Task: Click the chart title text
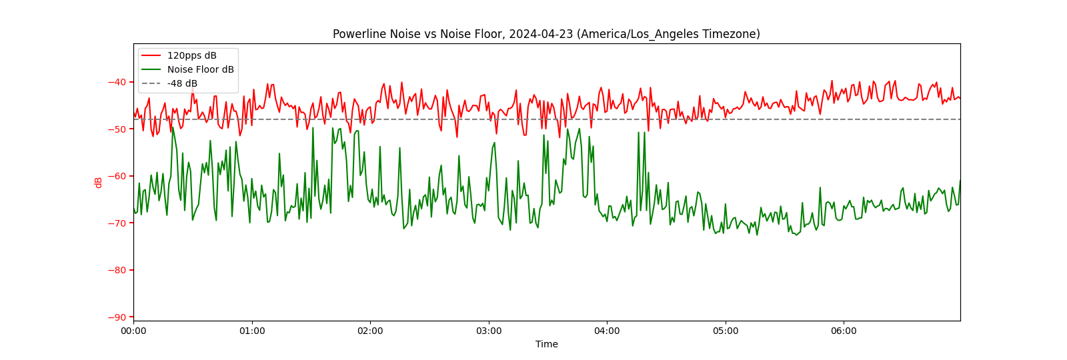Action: pos(546,34)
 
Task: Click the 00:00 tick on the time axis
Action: pos(133,331)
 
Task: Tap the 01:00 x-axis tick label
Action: pos(252,331)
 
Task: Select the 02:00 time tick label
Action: pos(370,331)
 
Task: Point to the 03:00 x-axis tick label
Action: pos(489,331)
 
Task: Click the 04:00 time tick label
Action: pos(607,331)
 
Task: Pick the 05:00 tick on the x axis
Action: pos(726,331)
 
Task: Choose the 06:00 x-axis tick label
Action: pos(844,331)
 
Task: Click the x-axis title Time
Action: pos(546,344)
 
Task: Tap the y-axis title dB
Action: pos(99,182)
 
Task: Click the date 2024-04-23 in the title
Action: pos(540,34)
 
